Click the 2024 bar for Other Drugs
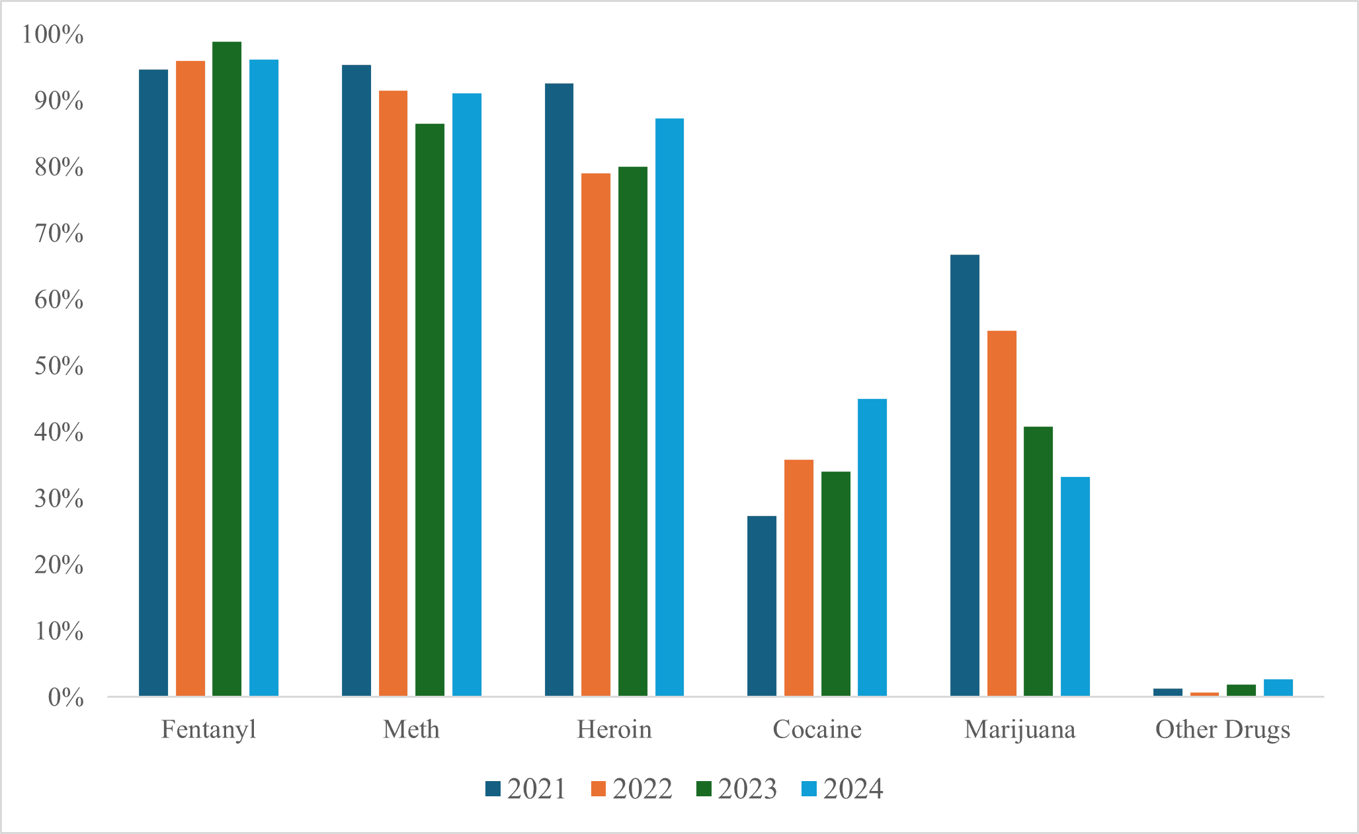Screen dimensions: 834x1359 pos(1278,688)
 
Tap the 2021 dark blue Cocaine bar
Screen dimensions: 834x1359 pos(762,606)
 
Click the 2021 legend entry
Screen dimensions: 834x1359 pos(526,789)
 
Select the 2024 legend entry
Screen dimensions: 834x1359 pos(842,789)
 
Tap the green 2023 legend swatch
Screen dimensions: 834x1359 pos(704,789)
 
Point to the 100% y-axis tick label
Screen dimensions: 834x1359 pos(53,34)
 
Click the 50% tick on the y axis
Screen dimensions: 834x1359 pos(59,366)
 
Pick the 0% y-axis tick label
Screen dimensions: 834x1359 pos(65,697)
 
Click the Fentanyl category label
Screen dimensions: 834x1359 pos(208,730)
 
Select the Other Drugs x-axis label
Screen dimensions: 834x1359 pos(1223,730)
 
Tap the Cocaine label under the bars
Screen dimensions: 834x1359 pos(817,730)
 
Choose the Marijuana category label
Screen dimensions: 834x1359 pos(1020,730)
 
